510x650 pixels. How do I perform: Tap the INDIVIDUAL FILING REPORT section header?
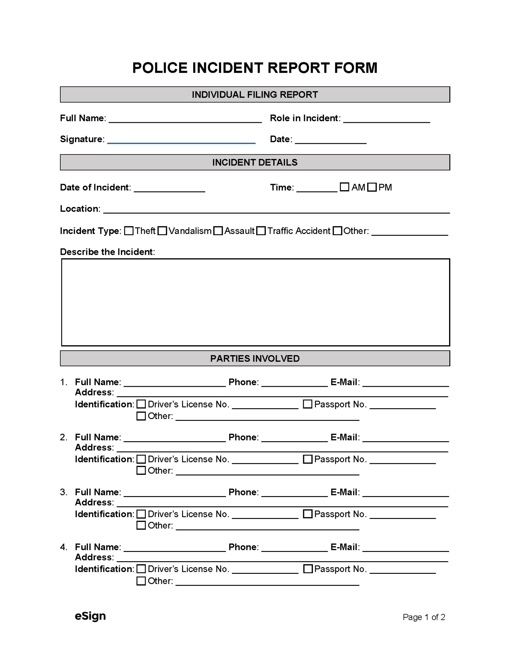[x=255, y=95]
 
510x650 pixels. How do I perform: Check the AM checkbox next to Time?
[x=344, y=187]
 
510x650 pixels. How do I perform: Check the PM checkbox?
[x=372, y=187]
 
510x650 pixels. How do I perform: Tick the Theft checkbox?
[x=129, y=231]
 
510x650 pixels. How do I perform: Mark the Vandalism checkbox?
[x=162, y=231]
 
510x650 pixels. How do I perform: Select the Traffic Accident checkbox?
[x=261, y=231]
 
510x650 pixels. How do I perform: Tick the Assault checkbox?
[x=218, y=231]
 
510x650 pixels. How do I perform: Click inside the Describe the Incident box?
[x=255, y=302]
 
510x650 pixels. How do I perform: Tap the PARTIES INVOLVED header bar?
[x=255, y=358]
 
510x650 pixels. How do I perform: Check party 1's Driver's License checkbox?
[x=141, y=404]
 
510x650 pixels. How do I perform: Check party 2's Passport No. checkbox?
[x=308, y=459]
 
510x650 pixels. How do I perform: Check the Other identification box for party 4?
[x=141, y=581]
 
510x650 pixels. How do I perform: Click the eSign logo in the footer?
[x=90, y=616]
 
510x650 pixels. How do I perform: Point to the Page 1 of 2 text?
[x=424, y=617]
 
